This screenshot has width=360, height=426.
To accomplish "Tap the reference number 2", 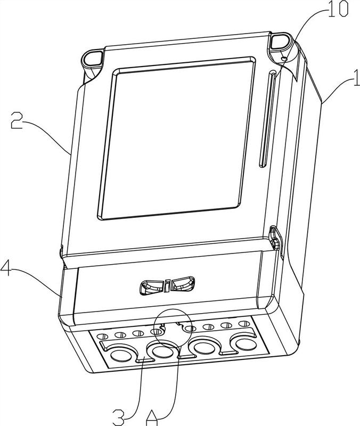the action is click(x=17, y=121).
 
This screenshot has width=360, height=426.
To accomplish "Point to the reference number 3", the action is click(x=119, y=417).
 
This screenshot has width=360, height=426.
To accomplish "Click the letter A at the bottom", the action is click(x=152, y=417).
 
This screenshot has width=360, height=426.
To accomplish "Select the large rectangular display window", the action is click(x=177, y=138).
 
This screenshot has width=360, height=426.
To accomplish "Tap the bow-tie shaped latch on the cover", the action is click(x=167, y=285).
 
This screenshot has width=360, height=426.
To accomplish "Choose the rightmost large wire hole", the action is click(x=246, y=344).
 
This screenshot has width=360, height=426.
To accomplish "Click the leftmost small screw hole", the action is click(x=102, y=337).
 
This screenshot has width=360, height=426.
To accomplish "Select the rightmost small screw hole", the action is click(x=244, y=324).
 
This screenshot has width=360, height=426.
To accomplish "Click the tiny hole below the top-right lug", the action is click(x=284, y=58).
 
